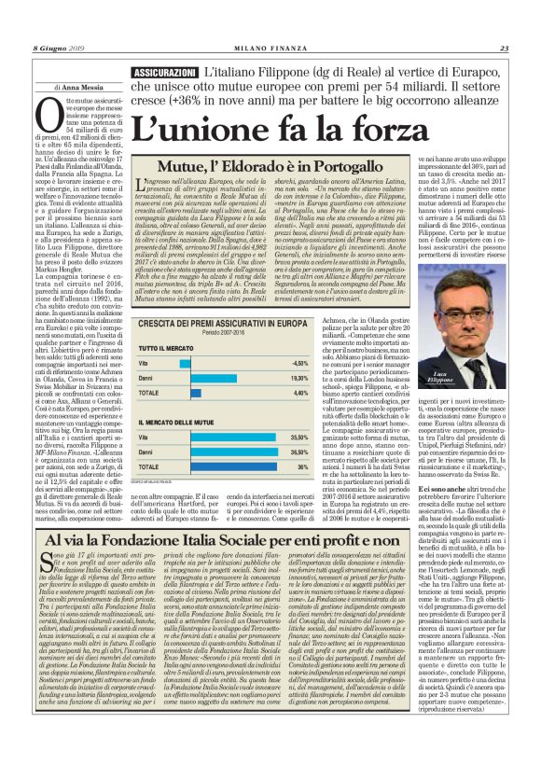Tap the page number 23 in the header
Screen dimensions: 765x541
click(x=504, y=49)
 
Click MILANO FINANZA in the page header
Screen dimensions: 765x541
click(x=270, y=49)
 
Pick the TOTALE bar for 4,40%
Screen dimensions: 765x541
click(x=215, y=394)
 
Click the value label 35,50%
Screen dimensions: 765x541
click(x=299, y=437)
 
